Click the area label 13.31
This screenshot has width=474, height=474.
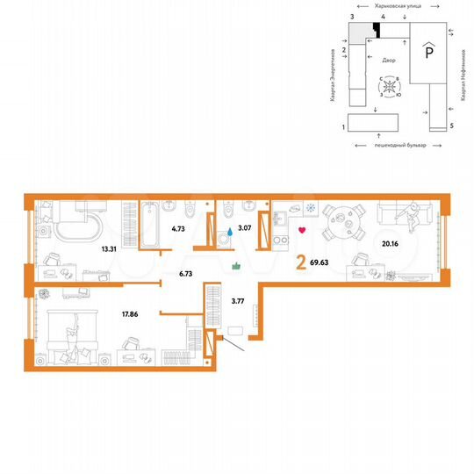coord(111,249)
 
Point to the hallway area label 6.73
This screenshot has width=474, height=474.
coord(185,273)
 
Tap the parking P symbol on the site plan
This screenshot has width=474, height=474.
coord(429,52)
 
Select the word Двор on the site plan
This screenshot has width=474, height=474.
coord(389,61)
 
